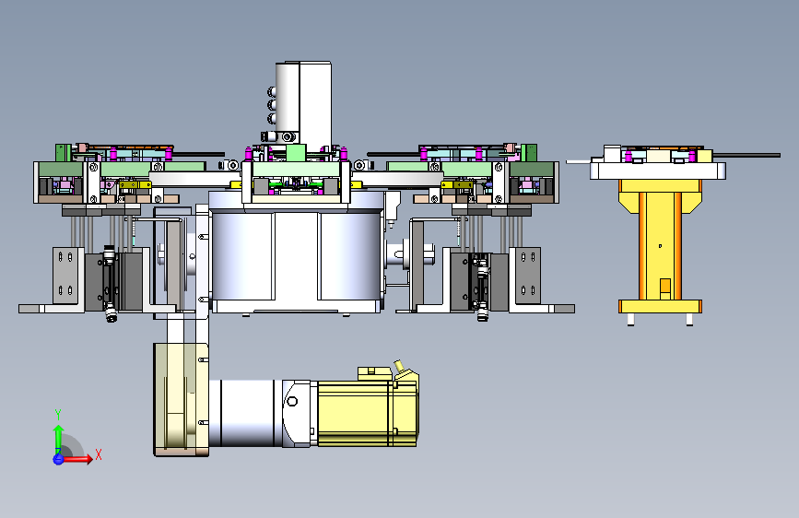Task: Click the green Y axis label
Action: point(58,415)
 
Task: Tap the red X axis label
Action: point(99,454)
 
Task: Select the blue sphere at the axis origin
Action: point(58,459)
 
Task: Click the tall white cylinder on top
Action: point(303,102)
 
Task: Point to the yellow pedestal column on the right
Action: point(660,240)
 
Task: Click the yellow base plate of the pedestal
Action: point(660,306)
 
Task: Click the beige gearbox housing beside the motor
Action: point(181,399)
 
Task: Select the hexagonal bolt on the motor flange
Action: point(292,401)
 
